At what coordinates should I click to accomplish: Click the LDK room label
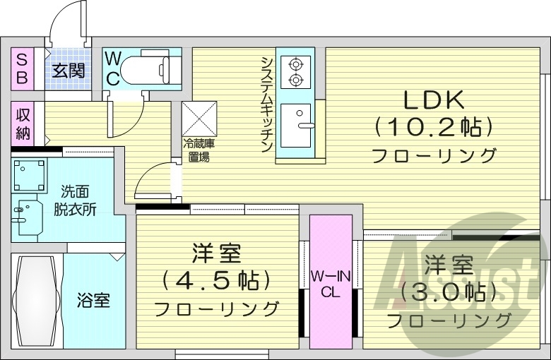coord(434,99)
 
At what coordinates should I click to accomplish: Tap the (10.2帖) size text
coord(433,127)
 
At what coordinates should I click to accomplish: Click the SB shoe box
coord(22,68)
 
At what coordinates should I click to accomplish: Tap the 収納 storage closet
coord(23,123)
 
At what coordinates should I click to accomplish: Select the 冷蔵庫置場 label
coord(199,150)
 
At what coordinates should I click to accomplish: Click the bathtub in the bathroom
coord(37,299)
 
